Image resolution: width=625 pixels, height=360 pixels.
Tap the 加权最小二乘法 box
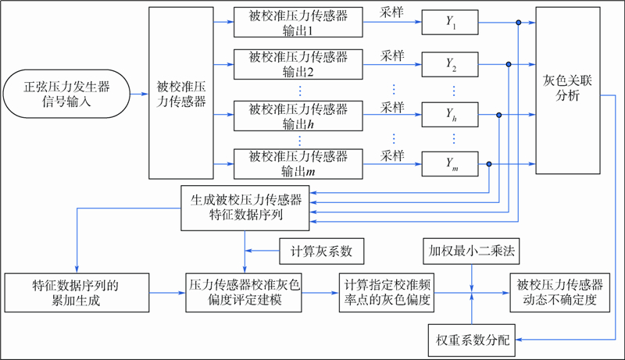coord(471,251)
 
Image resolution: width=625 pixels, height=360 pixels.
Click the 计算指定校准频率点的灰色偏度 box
coord(385,292)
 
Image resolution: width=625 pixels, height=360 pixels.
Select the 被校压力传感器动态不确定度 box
coord(559,292)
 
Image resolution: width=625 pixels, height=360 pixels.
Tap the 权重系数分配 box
coord(471,338)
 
